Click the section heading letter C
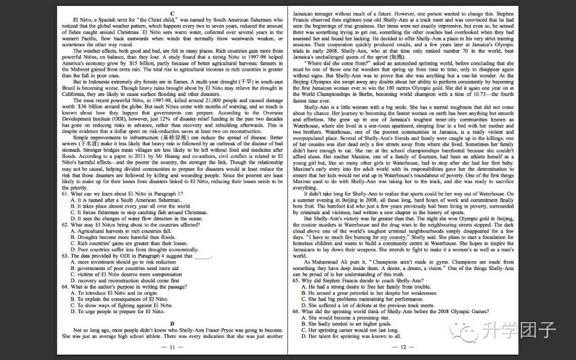(172, 13)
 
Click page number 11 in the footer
(172, 347)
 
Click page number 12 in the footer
(399, 347)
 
